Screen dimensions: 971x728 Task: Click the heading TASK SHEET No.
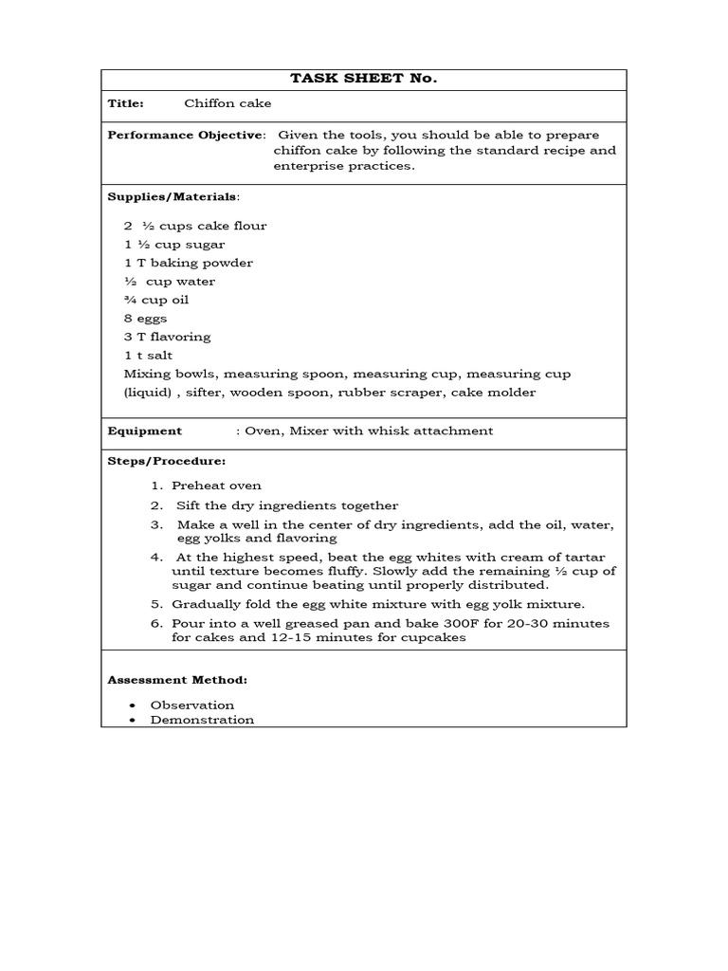tap(363, 79)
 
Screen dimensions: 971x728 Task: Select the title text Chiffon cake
tap(227, 104)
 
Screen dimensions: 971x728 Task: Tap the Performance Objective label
tap(185, 135)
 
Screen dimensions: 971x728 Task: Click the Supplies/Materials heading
tap(173, 196)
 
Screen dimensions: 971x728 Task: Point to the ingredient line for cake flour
tap(195, 226)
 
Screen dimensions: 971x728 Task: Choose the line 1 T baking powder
tap(189, 263)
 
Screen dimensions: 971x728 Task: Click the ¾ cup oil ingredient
tap(156, 300)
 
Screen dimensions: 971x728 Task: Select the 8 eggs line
tap(145, 319)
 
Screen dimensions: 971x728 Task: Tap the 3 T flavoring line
tap(168, 337)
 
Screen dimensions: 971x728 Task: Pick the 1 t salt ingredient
tap(148, 355)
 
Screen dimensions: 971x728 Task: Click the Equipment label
tap(144, 431)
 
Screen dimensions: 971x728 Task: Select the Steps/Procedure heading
tap(166, 461)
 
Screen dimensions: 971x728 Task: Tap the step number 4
tap(156, 557)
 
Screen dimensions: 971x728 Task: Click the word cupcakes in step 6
tap(437, 638)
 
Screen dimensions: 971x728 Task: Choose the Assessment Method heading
tap(177, 680)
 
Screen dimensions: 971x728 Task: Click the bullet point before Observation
tap(130, 705)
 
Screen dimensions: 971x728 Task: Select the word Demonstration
tap(202, 720)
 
